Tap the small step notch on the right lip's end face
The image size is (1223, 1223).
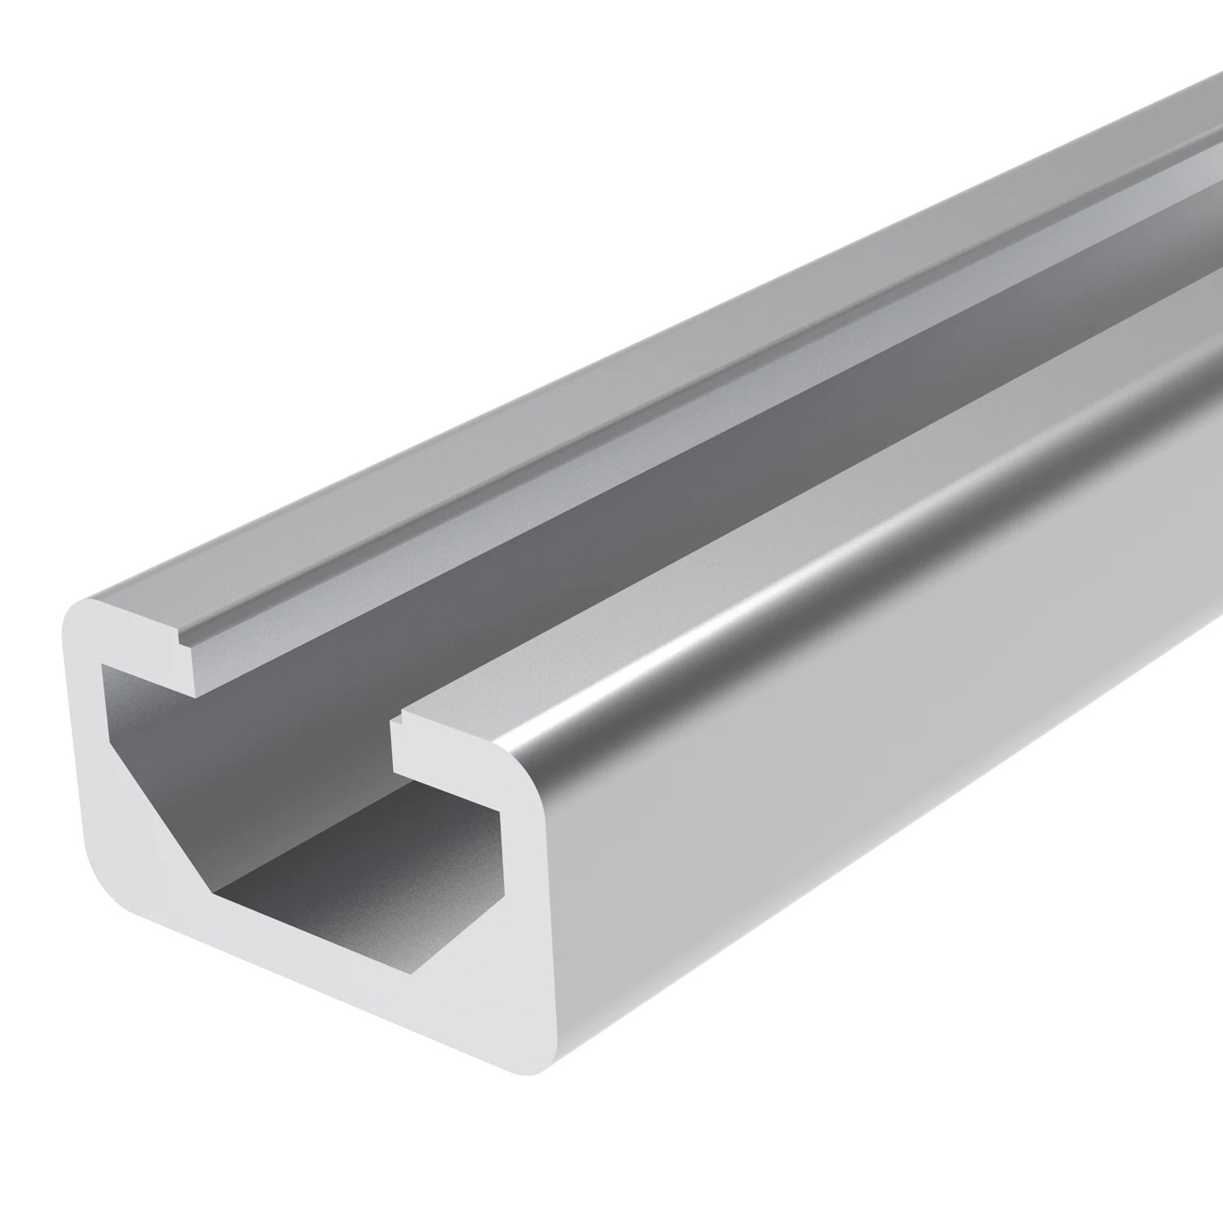tap(399, 721)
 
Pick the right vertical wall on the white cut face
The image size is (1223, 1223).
tap(522, 897)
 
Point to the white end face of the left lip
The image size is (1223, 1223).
tap(139, 644)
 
